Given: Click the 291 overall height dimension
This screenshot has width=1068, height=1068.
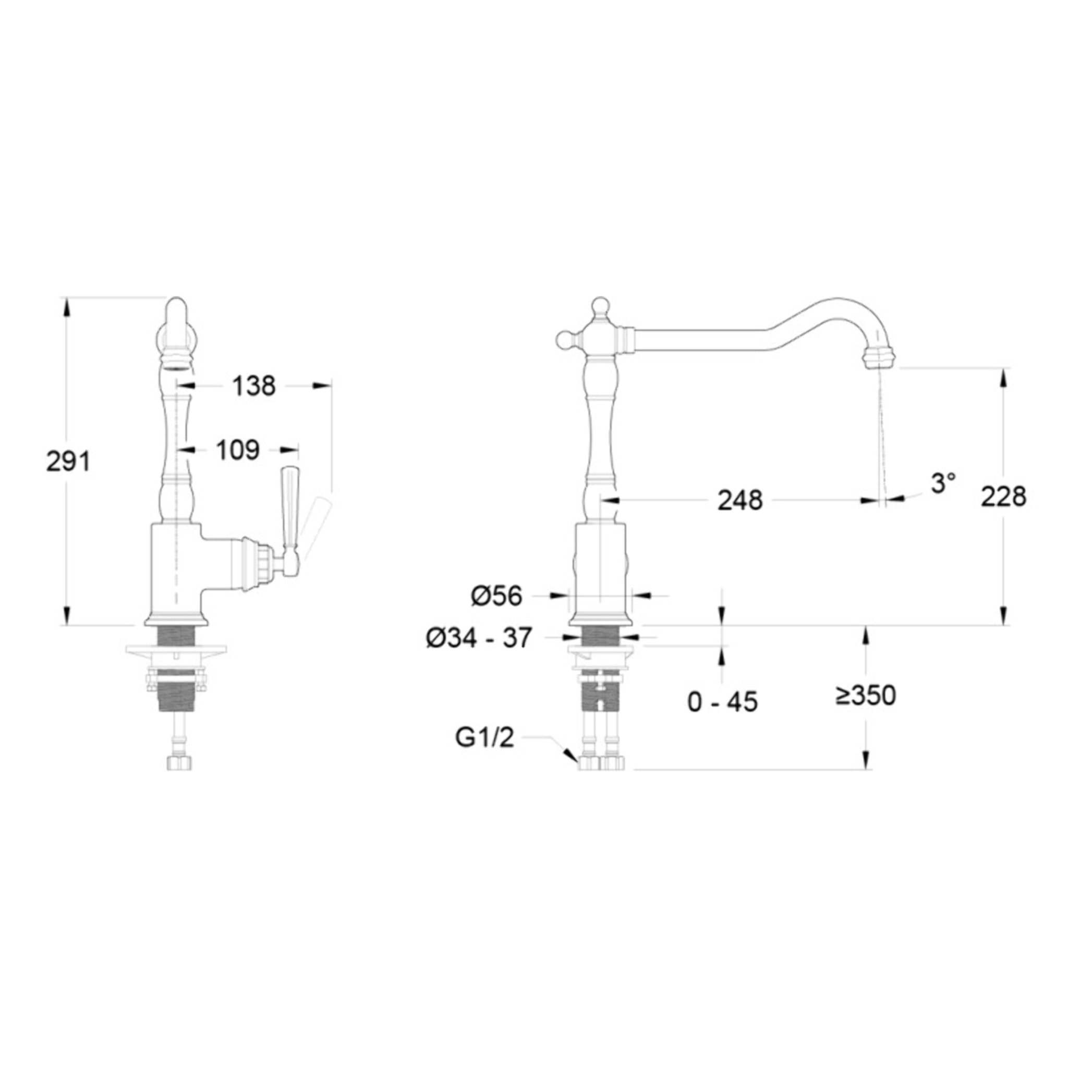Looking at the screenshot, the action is coord(67,462).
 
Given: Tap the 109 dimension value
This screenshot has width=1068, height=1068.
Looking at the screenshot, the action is coord(238,450).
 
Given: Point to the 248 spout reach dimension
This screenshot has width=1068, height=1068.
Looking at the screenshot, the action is coord(740,501).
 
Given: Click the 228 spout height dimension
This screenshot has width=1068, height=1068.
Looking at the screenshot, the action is coord(1003,496).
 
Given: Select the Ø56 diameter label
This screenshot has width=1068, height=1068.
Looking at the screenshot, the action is coord(496,596).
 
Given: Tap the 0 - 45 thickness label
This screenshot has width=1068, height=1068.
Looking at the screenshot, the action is coord(722,702).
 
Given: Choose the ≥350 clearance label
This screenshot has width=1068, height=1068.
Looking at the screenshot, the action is coord(866,696).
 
